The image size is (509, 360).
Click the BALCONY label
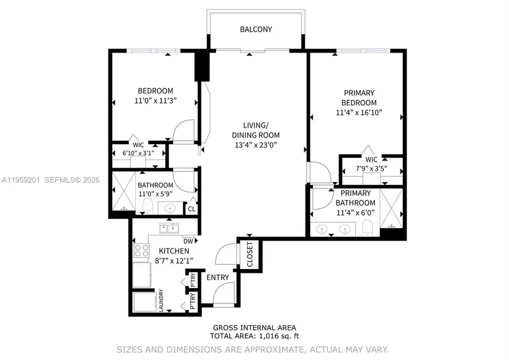(256, 29)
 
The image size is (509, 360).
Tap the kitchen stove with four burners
(141, 250)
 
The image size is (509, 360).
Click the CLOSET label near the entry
(249, 255)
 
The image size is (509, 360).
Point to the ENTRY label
(218, 277)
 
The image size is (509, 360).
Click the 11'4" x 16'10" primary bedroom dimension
(359, 112)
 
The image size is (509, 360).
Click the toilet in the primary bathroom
(366, 229)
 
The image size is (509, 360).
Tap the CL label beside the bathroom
(192, 208)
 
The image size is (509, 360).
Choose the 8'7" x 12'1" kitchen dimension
(174, 260)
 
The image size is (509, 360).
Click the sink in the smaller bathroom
(169, 209)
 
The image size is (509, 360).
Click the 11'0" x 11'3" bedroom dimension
(156, 101)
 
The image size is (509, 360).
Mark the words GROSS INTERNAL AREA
(254, 327)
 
